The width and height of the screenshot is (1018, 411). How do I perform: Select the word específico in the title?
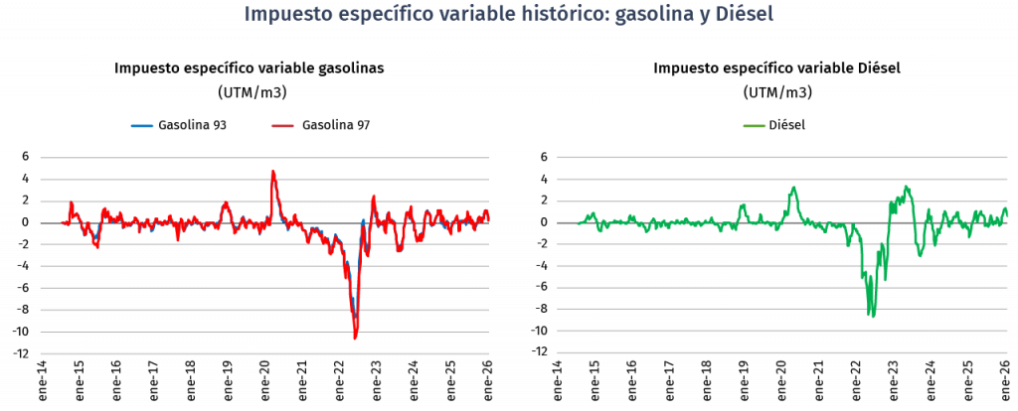click(x=381, y=15)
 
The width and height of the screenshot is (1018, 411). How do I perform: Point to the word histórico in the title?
click(x=561, y=15)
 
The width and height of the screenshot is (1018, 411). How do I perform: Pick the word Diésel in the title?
click(x=744, y=15)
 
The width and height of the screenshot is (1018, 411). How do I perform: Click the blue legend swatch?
click(x=142, y=126)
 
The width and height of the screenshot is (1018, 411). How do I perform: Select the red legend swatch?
click(x=282, y=126)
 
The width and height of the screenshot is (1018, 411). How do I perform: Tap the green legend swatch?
click(x=755, y=126)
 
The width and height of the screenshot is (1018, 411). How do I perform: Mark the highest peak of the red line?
click(x=273, y=171)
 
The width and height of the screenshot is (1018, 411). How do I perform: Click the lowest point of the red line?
click(x=355, y=339)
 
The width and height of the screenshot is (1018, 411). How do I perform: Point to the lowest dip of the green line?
click(x=872, y=316)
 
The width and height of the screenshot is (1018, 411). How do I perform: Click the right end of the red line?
click(x=488, y=219)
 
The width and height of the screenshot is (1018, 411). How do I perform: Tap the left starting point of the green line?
click(x=579, y=223)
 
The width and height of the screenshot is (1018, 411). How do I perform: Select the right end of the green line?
click(x=1007, y=212)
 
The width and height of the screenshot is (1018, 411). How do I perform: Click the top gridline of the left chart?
click(x=264, y=157)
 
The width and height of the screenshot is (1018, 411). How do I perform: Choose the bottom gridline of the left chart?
click(x=264, y=353)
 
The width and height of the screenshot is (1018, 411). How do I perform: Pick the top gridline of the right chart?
click(x=781, y=157)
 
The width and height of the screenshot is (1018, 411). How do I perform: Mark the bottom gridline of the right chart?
click(x=781, y=352)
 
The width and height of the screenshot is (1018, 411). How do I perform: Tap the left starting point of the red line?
click(x=62, y=222)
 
